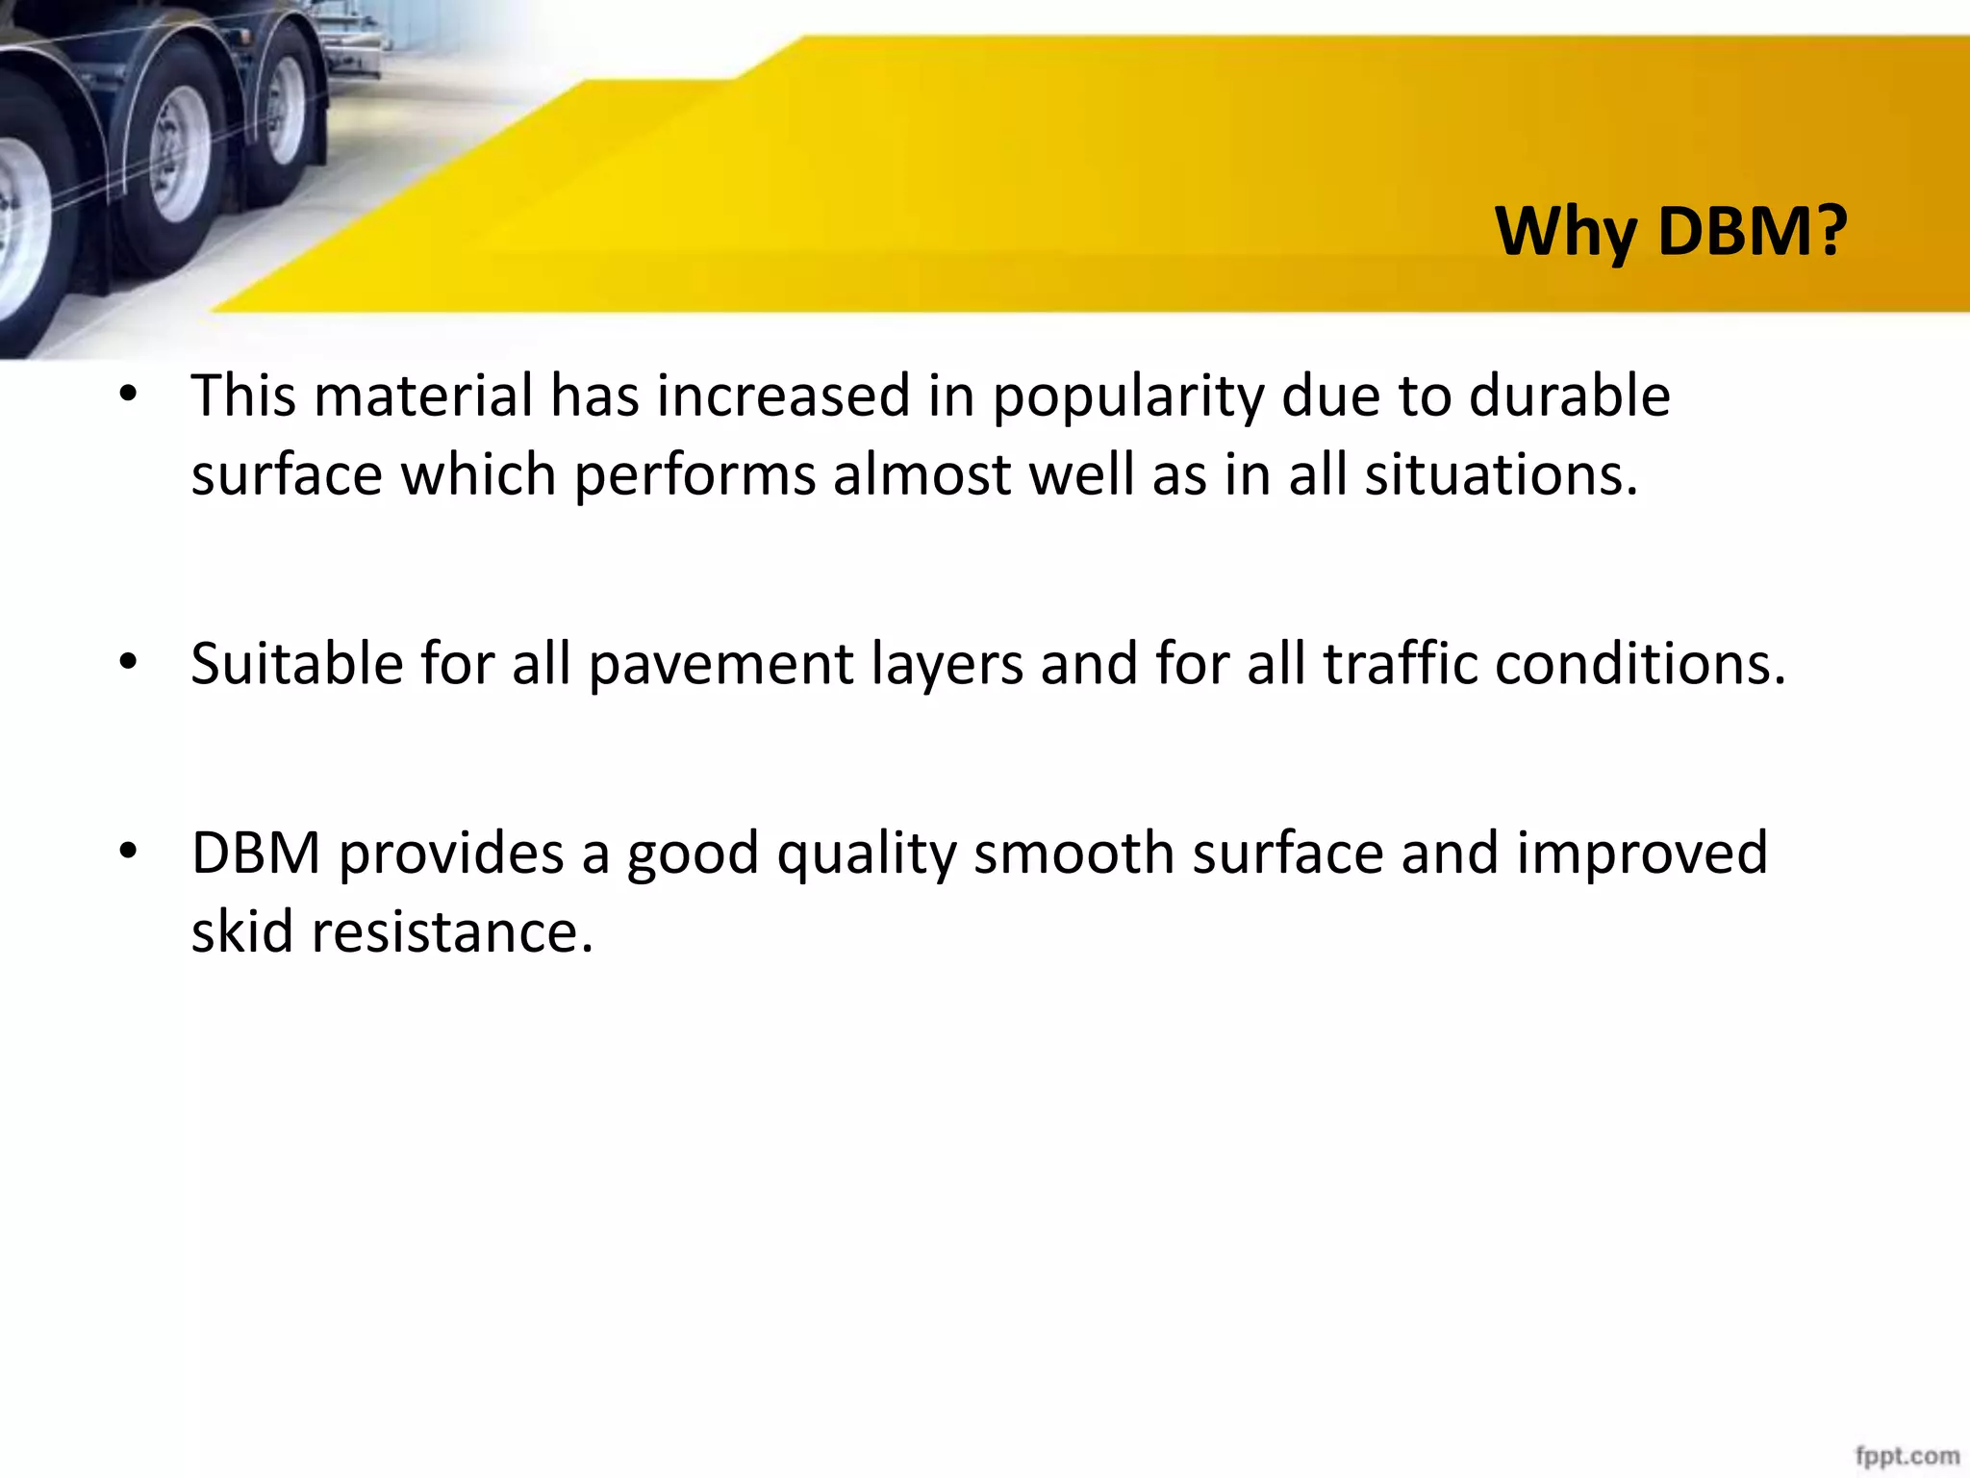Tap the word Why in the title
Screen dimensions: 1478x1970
(1566, 233)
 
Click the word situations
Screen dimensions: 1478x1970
(1501, 475)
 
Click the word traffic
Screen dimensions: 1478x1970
(1400, 664)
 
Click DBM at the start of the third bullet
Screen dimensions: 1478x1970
(256, 854)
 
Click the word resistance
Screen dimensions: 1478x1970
(451, 933)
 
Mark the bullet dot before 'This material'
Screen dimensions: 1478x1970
(128, 395)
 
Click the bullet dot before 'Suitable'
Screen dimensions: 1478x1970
(128, 663)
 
